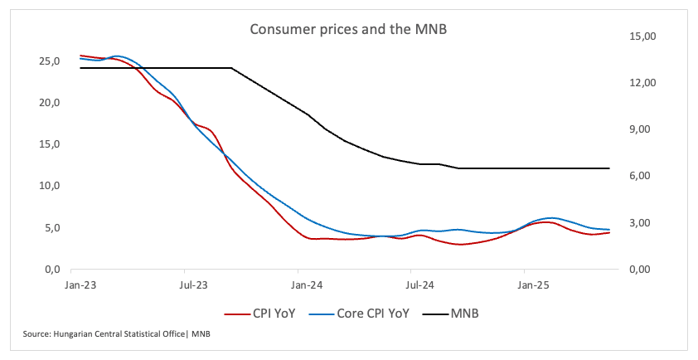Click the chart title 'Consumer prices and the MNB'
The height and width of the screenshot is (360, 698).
coord(349,29)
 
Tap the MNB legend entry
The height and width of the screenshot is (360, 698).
coord(465,314)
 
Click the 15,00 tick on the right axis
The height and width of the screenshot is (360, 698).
coord(633,36)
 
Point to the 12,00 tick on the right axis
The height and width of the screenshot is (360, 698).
coord(633,83)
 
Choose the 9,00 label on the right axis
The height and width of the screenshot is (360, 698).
coord(634,129)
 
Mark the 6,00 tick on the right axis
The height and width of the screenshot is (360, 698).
coord(634,176)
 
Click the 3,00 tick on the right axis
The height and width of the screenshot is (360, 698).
coord(634,223)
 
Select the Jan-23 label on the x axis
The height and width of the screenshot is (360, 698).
coord(82,285)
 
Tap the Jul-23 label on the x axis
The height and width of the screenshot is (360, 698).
coord(195,285)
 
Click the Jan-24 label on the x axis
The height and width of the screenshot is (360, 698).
coord(308,285)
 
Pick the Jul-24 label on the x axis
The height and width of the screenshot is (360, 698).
coord(421,285)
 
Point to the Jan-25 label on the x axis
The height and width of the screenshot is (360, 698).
coord(534,285)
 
